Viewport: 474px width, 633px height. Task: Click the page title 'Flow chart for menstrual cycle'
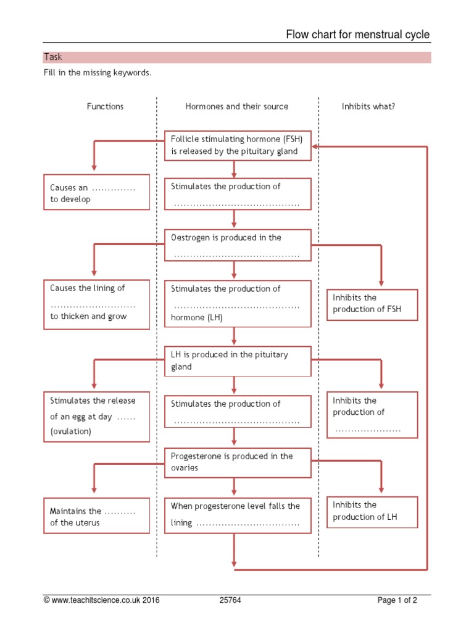357,35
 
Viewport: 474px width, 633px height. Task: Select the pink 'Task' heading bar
237,57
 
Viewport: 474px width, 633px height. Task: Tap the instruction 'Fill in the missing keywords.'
97,73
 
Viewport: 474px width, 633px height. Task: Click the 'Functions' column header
105,106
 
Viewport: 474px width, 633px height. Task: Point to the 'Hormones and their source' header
236,106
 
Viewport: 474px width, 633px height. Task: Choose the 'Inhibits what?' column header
368,106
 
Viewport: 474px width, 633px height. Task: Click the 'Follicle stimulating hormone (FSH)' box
238,145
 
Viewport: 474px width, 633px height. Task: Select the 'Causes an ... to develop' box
96,193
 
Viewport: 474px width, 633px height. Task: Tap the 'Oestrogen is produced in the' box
238,245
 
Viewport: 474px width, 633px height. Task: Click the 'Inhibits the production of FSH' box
372,304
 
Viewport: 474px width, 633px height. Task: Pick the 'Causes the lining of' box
96,303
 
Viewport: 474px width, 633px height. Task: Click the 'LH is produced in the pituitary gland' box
238,361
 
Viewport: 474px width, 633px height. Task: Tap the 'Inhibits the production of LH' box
372,512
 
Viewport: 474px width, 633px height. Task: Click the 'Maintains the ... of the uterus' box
96,516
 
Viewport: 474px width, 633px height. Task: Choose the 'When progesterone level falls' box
238,515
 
